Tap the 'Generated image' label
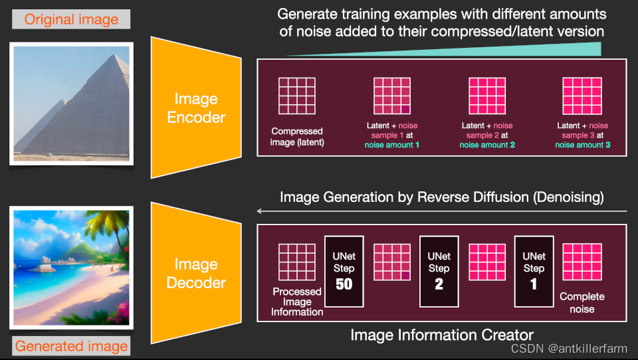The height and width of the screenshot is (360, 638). [x=71, y=346]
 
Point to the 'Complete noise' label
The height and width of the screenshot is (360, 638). [x=582, y=303]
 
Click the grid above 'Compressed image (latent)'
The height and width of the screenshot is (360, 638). [x=297, y=96]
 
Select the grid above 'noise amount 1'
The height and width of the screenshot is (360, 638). [x=392, y=96]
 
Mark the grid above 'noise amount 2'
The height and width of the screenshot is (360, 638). [x=487, y=96]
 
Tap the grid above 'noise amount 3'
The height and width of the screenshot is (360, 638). [x=582, y=96]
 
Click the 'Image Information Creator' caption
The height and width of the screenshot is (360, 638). [x=442, y=335]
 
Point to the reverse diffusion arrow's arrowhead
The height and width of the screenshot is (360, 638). [x=260, y=212]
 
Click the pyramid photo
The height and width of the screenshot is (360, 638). [x=71, y=103]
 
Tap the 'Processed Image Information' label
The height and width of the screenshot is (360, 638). [x=297, y=302]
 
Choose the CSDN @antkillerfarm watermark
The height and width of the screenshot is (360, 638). [x=569, y=349]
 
